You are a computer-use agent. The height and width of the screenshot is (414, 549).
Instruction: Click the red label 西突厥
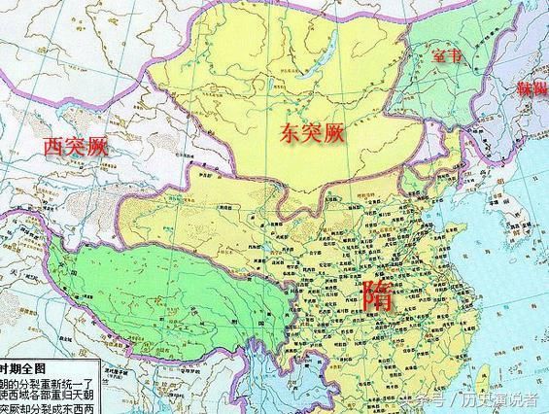click(74, 147)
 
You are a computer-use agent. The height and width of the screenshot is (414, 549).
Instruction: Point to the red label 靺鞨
click(532, 89)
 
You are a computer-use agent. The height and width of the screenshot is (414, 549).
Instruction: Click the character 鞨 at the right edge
click(539, 89)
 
